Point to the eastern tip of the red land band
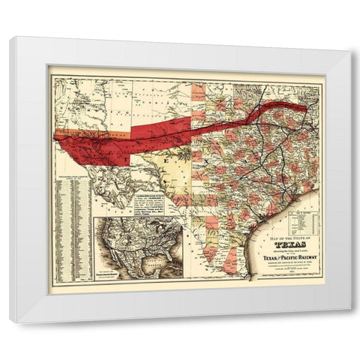tap(305, 106)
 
